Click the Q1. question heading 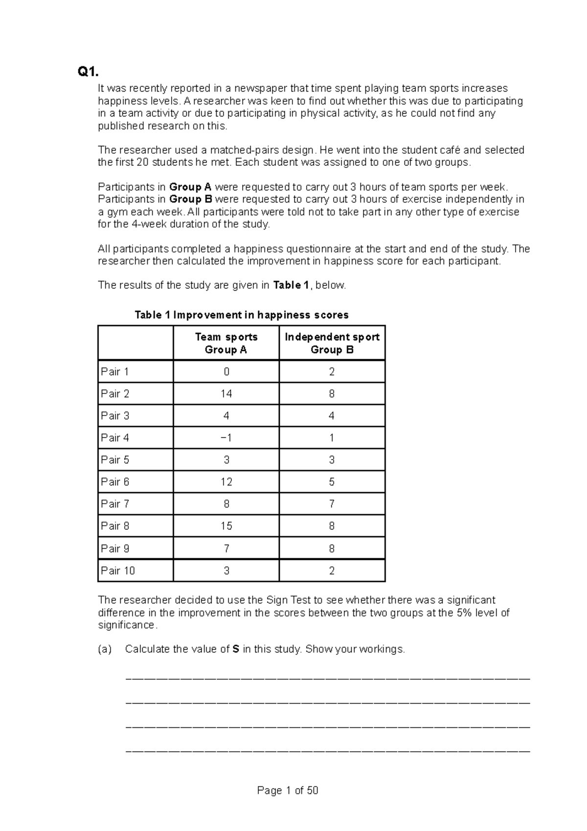click(x=88, y=72)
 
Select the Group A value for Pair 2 click(x=226, y=393)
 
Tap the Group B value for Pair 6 click(x=332, y=482)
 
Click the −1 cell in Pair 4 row click(x=226, y=438)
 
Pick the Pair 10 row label click(x=118, y=571)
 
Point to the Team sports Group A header click(x=226, y=343)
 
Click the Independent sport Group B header click(x=332, y=343)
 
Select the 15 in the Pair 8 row click(x=226, y=526)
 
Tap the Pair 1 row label click(x=115, y=371)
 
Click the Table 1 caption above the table click(x=242, y=315)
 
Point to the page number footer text click(x=288, y=790)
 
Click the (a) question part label click(x=104, y=649)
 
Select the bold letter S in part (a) click(x=236, y=649)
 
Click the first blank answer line click(x=328, y=679)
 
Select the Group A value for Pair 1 click(x=226, y=371)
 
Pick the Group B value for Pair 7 click(x=332, y=504)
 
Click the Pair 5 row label click(x=115, y=460)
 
